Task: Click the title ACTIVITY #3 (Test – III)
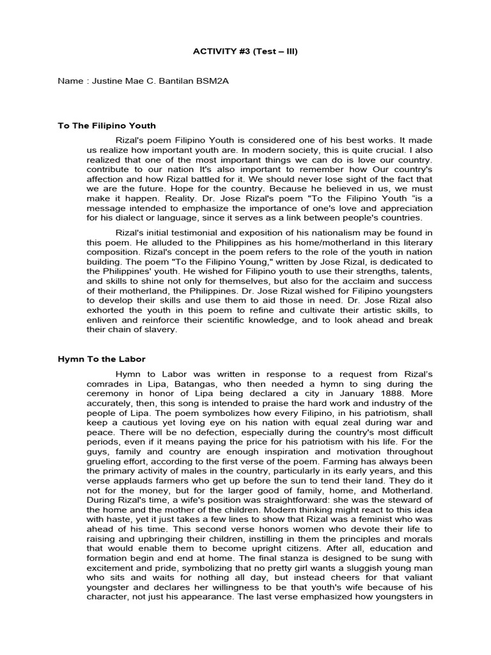pyautogui.click(x=245, y=52)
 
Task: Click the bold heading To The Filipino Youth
pyautogui.click(x=107, y=126)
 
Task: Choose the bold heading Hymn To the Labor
pyautogui.click(x=102, y=359)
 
